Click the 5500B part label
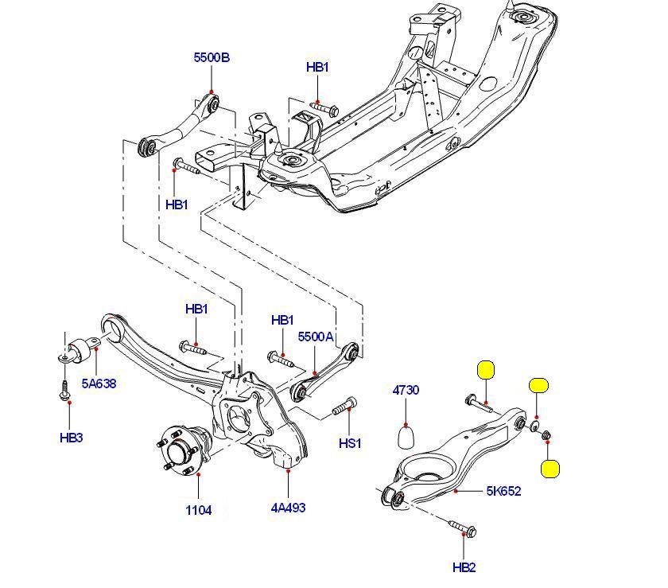click(x=212, y=57)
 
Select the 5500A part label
click(x=315, y=337)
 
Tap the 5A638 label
click(x=99, y=383)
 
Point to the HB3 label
click(x=71, y=437)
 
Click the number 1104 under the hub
click(x=199, y=510)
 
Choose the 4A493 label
click(x=289, y=508)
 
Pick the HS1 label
click(x=350, y=443)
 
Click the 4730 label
click(x=406, y=390)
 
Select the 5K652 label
click(x=504, y=491)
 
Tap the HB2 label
click(x=464, y=567)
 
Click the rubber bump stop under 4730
click(x=407, y=437)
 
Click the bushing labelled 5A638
click(x=77, y=349)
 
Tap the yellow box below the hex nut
click(x=550, y=469)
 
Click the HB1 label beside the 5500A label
click(x=282, y=321)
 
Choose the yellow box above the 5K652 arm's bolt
click(x=485, y=370)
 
